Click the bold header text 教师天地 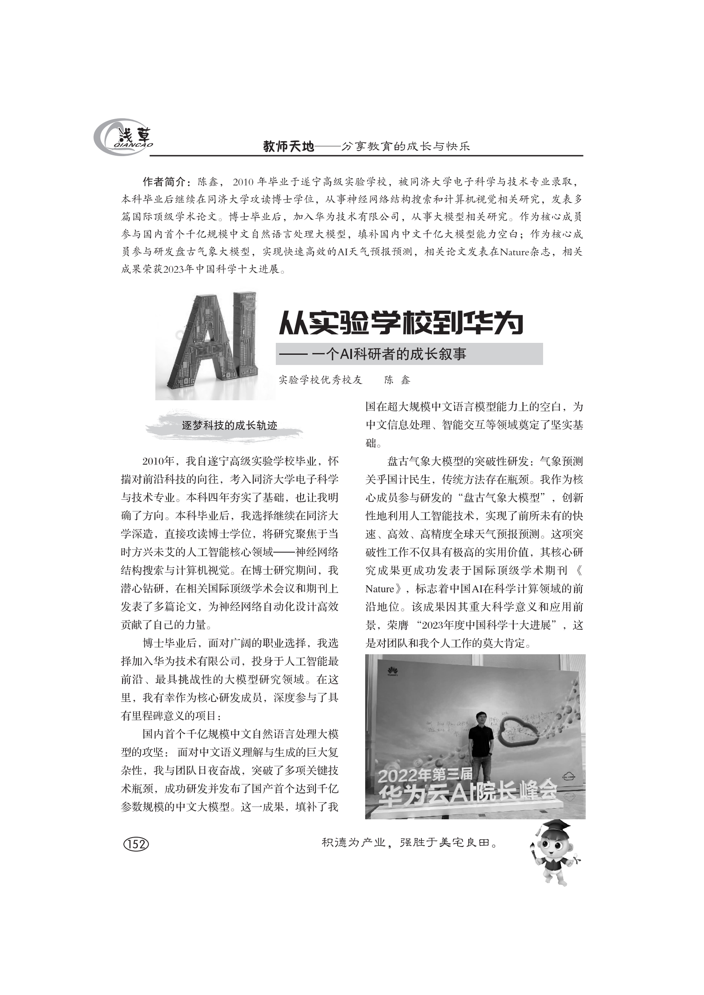(x=288, y=147)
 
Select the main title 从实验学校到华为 (x=401, y=323)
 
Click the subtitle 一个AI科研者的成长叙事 (x=388, y=354)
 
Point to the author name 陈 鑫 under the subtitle (x=397, y=380)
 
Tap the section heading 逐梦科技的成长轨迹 (x=229, y=425)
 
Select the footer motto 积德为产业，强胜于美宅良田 (x=409, y=843)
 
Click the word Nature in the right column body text (x=380, y=589)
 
